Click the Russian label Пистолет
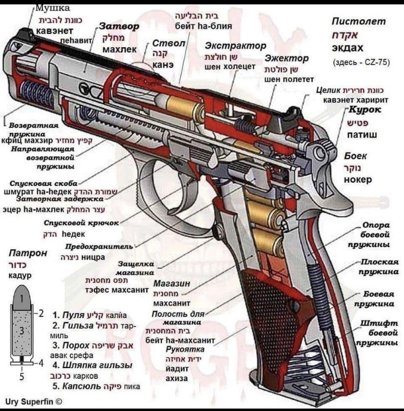[358, 21]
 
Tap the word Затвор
[120, 26]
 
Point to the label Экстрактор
[236, 46]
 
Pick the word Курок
[365, 110]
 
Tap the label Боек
[356, 156]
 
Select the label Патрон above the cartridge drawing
[28, 253]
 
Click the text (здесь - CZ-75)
[361, 62]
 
